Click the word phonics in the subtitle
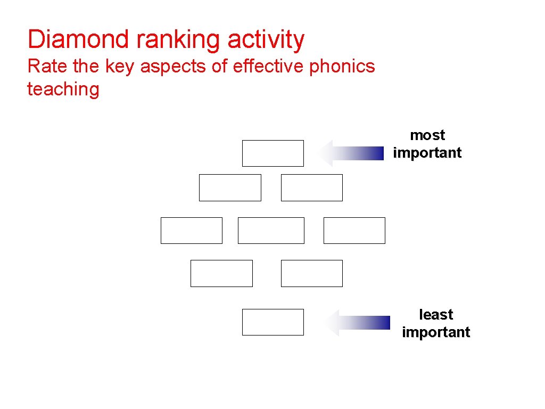342,67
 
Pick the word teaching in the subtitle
63,89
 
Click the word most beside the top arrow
427,135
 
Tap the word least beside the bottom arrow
436,315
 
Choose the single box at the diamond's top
272,153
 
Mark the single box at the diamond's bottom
272,322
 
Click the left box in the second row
230,187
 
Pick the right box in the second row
311,187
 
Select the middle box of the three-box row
271,231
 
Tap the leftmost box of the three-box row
191,231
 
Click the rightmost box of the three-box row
354,231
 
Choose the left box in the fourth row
221,273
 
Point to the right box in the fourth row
311,273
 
